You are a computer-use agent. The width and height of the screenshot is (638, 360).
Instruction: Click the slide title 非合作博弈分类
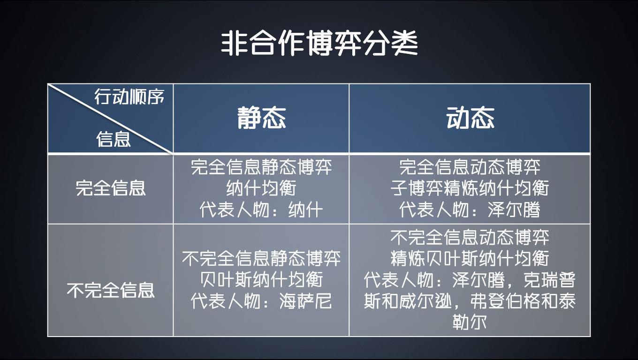click(319, 44)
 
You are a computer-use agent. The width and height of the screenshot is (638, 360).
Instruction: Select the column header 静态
click(261, 117)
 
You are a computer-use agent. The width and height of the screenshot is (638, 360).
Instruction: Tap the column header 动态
click(470, 117)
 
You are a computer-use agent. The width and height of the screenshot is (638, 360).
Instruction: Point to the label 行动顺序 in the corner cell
click(129, 97)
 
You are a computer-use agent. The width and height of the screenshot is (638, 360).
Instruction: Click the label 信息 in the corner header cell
click(114, 139)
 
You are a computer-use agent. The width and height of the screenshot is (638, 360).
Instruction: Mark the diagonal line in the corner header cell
click(111, 119)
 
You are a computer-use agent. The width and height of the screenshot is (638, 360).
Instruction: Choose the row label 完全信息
click(111, 188)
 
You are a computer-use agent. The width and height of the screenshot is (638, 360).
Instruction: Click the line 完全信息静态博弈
click(261, 167)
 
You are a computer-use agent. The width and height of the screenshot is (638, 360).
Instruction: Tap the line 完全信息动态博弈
click(470, 167)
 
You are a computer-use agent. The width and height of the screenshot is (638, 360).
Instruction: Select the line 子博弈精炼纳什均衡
click(470, 188)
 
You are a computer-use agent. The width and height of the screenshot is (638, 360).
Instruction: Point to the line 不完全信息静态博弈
click(261, 258)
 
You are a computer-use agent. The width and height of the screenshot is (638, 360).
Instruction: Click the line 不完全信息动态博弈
click(470, 237)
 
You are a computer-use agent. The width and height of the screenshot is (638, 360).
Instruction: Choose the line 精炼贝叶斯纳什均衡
click(470, 258)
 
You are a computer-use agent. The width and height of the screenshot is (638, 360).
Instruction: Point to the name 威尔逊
click(426, 301)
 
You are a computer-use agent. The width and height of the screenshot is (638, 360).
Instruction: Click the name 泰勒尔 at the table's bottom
click(539, 312)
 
